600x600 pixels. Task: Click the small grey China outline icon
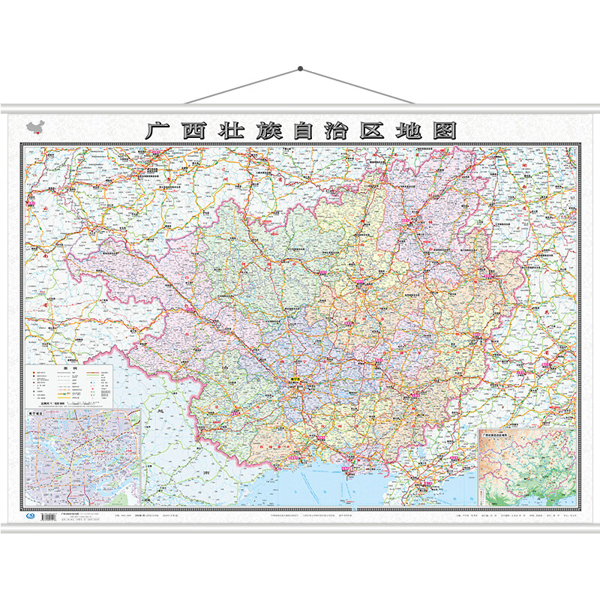coord(35,127)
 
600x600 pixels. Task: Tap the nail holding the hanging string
coord(300,69)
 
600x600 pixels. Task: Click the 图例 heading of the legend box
coord(69,368)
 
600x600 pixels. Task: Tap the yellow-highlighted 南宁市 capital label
coord(296,380)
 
